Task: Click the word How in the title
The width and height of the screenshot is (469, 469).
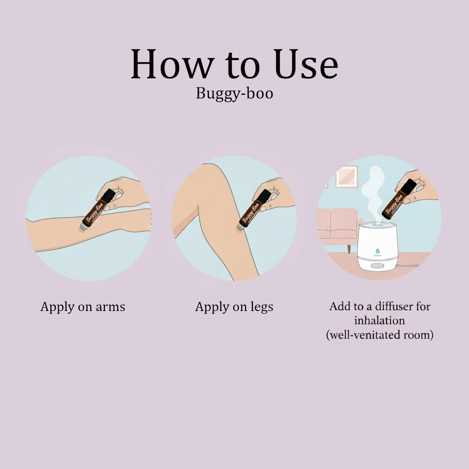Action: pos(172,65)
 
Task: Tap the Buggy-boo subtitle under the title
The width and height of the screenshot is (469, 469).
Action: pos(234,93)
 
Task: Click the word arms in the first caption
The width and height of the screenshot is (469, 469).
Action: pos(110,307)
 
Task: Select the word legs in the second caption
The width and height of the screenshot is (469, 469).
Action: pos(261,307)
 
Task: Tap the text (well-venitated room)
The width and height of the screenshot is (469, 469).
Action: pos(379,334)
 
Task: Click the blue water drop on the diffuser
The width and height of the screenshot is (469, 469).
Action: pos(377,251)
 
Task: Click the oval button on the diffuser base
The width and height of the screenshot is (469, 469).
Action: pos(378,266)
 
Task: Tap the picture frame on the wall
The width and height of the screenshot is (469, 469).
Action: pos(346,176)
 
